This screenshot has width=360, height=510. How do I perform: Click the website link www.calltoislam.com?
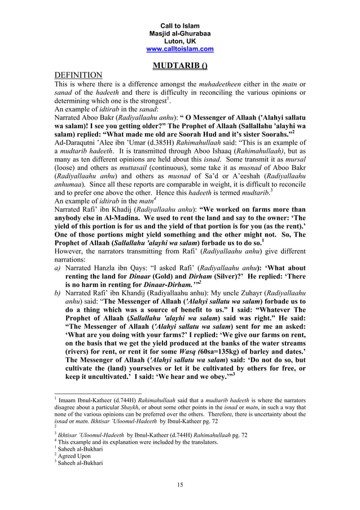pyautogui.click(x=180, y=49)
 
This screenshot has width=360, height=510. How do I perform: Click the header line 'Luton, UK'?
pyautogui.click(x=180, y=41)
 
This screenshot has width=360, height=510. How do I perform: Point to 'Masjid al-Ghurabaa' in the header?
pyautogui.click(x=180, y=33)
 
